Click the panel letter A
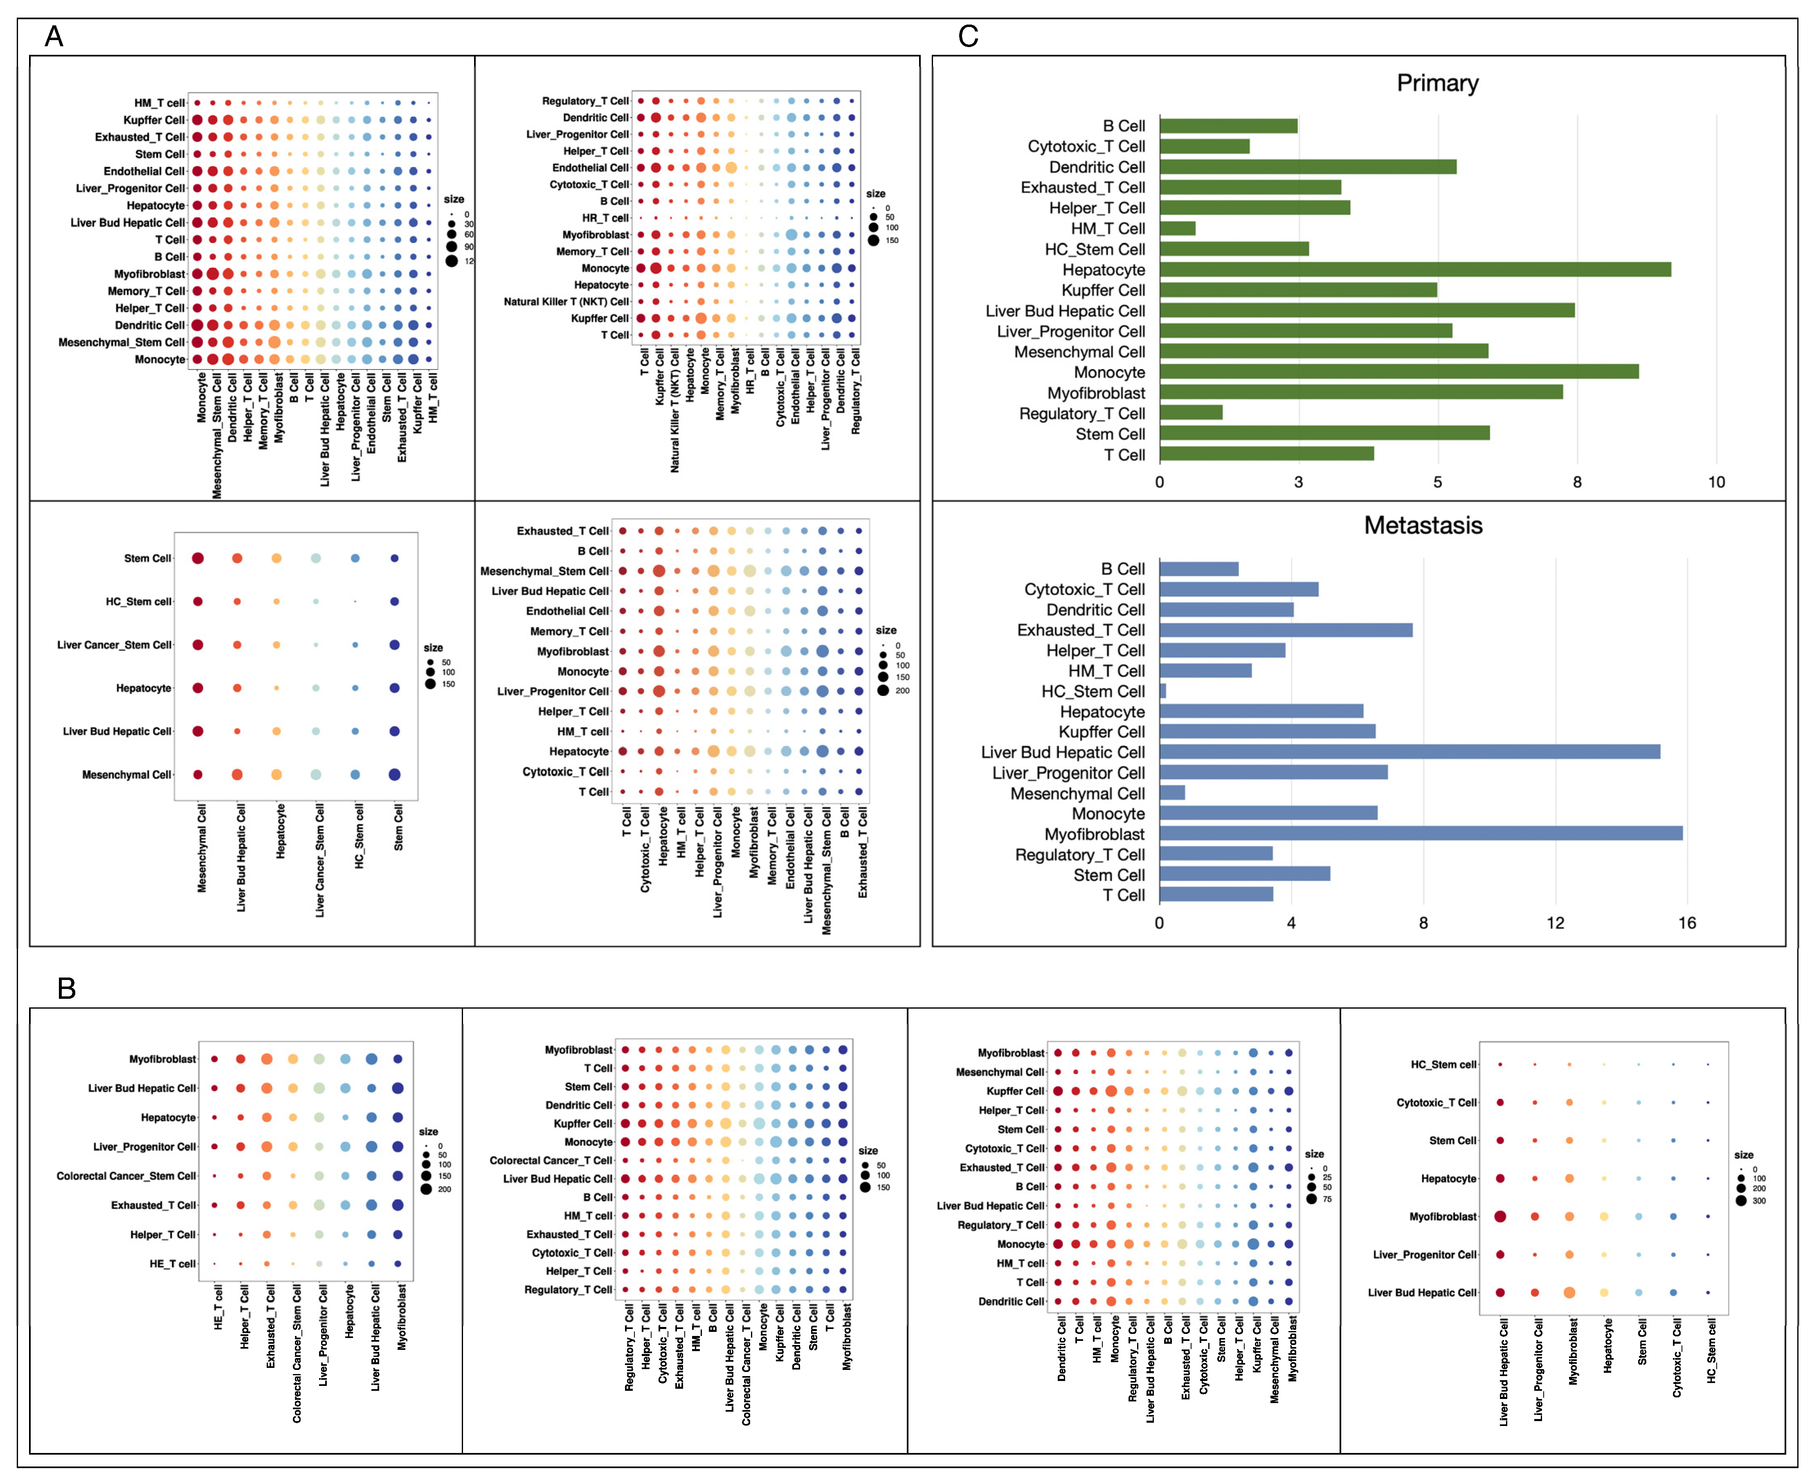point(54,37)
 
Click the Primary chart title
point(1437,83)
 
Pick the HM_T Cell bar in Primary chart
point(1177,228)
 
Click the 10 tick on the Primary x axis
point(1716,482)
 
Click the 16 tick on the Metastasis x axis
point(1687,923)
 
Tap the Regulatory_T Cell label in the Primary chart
point(1081,414)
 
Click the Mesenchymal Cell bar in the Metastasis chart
point(1172,793)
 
